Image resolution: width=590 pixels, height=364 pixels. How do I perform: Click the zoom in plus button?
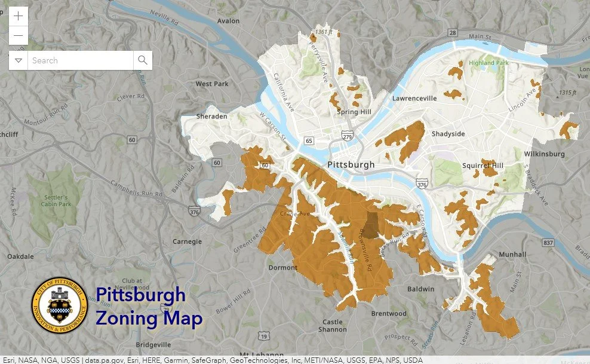(19, 16)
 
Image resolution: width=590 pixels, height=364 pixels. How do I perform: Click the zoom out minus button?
(19, 35)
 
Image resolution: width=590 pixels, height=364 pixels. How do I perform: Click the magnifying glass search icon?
(143, 60)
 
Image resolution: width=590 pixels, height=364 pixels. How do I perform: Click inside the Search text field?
(81, 60)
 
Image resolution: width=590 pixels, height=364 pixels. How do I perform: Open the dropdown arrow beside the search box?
(19, 60)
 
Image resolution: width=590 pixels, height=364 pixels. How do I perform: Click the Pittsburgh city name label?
(351, 164)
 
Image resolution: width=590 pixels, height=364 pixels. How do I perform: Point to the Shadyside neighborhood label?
(448, 134)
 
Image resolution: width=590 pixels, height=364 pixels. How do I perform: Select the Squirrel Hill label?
(483, 166)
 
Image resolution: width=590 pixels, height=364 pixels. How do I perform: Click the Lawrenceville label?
(414, 98)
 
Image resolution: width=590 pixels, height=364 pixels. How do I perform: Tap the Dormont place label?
(282, 267)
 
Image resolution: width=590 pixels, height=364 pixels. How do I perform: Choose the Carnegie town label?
(187, 241)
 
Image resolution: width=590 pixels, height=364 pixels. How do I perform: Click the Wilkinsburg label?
(544, 154)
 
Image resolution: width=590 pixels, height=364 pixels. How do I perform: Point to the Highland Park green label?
(490, 62)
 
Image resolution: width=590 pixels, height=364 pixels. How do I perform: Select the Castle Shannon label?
(333, 326)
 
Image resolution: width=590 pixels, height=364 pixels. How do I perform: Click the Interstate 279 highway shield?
(347, 136)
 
